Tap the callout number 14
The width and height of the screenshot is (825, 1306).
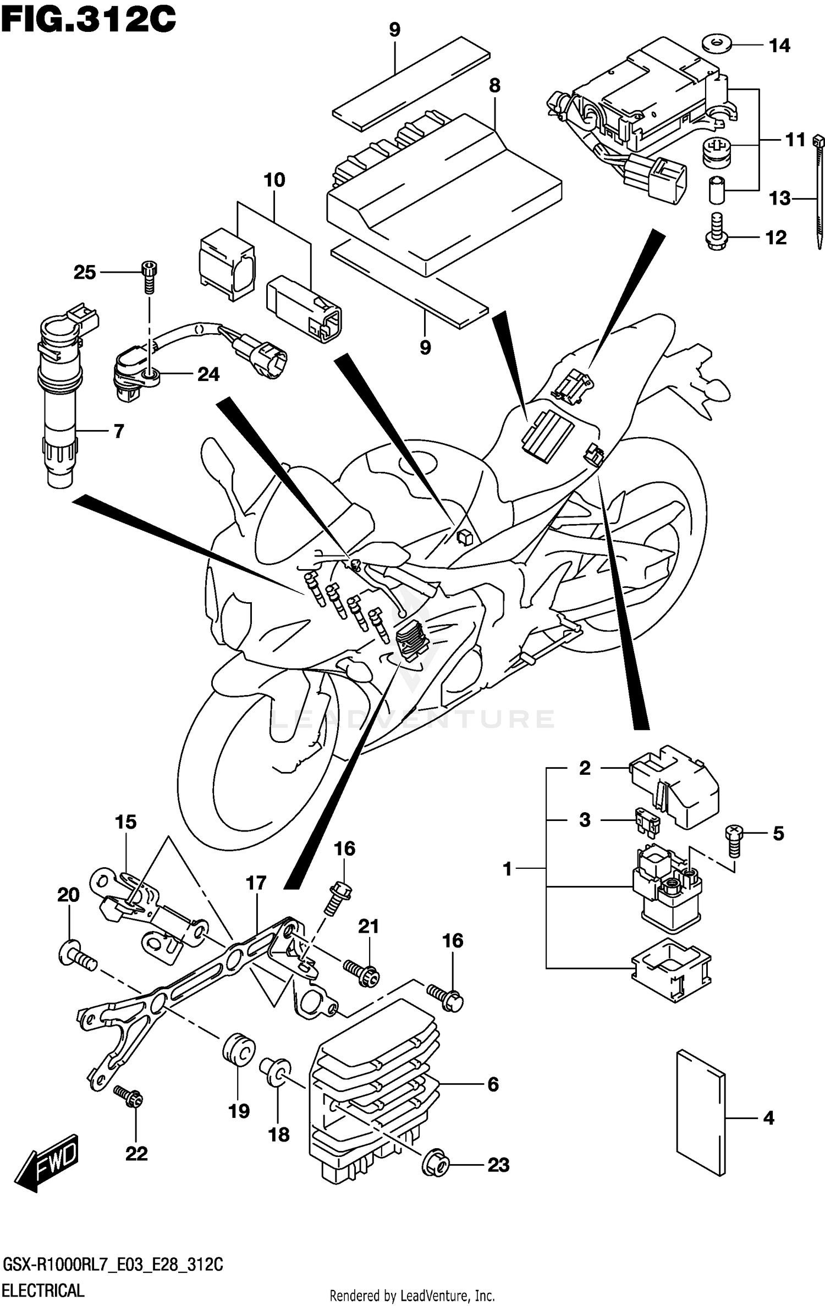(779, 46)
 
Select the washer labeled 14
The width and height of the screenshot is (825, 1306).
(717, 43)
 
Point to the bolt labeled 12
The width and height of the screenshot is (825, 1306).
(716, 233)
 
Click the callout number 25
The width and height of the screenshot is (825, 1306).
(85, 272)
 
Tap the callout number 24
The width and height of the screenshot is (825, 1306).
(208, 374)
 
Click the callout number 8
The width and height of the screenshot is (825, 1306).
(494, 85)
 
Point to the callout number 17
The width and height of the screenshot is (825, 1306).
(256, 884)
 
